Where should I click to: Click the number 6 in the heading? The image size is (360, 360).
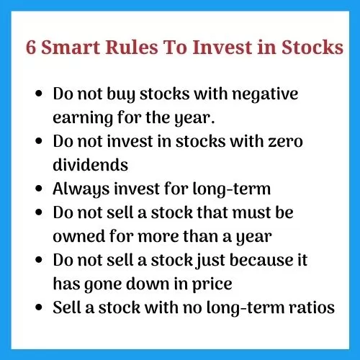[x=31, y=47]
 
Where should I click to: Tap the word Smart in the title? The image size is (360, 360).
[x=71, y=47]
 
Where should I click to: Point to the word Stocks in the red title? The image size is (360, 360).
[x=312, y=47]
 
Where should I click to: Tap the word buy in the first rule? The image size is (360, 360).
[x=121, y=94]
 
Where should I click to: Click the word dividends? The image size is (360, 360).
[x=91, y=165]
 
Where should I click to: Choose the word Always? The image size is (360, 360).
[x=81, y=189]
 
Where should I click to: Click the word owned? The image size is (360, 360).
[x=79, y=236]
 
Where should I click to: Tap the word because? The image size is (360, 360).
[x=262, y=260]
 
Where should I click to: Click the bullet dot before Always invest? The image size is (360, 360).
[x=39, y=189]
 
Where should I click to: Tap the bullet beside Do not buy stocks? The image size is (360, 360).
[x=39, y=94]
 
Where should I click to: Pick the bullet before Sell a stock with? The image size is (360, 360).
[x=39, y=307]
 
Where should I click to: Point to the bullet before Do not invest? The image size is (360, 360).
[x=39, y=141]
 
